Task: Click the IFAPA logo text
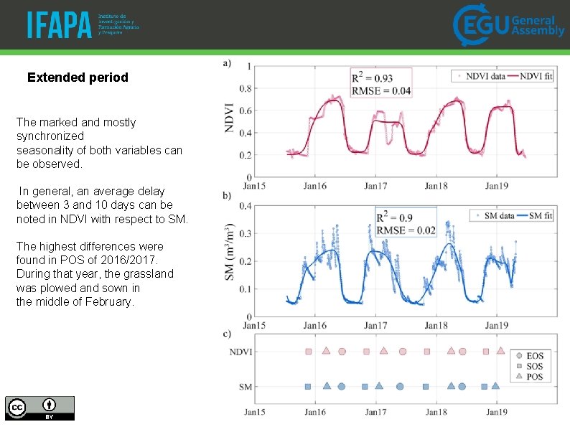click(x=60, y=24)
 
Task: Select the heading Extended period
click(x=78, y=77)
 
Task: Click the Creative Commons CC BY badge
click(x=39, y=408)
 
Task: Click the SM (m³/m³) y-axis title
click(x=229, y=259)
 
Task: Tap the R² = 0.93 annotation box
click(x=380, y=83)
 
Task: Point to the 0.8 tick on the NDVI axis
click(x=245, y=89)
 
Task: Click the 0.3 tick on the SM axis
click(x=245, y=233)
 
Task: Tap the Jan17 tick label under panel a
click(x=375, y=186)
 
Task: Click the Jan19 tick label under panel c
click(x=497, y=413)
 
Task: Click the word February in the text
click(x=108, y=302)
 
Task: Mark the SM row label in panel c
click(x=245, y=387)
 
